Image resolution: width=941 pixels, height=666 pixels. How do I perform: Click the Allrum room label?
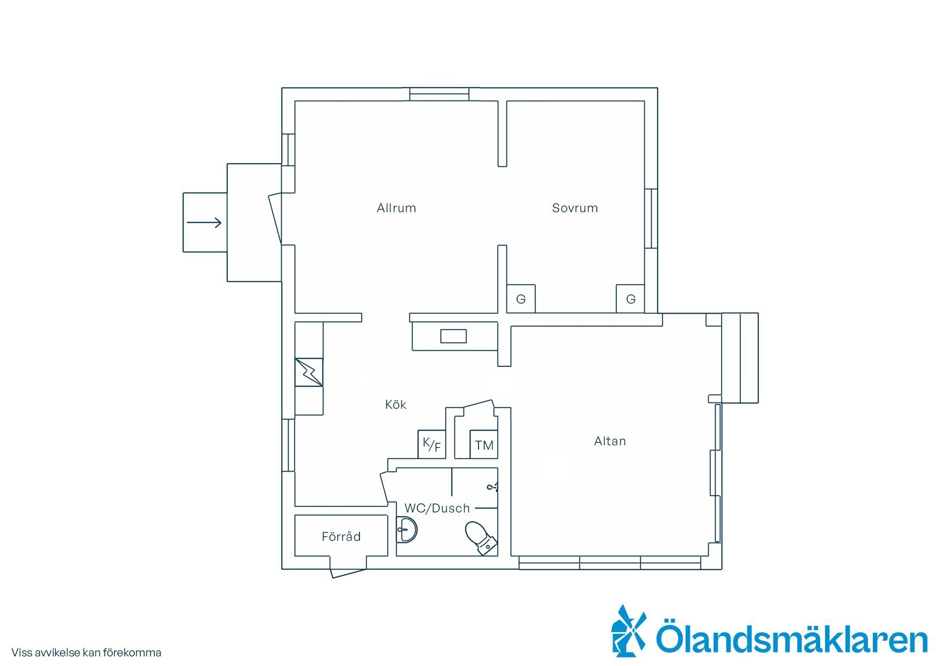tap(396, 208)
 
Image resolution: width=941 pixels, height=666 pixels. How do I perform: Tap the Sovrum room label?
tap(575, 208)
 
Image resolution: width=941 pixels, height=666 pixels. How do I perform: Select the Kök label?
tap(395, 404)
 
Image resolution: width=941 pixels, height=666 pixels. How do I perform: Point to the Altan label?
tap(610, 441)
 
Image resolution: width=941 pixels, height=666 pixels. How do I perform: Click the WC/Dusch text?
tap(437, 508)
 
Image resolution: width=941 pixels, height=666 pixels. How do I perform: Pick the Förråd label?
tap(341, 536)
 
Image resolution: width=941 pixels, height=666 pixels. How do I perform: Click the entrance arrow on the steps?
tap(204, 222)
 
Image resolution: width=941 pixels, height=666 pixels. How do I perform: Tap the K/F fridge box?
tap(432, 444)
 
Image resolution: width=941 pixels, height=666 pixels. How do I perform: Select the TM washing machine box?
tap(484, 444)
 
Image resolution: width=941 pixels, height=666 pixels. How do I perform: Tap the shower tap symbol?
tap(493, 487)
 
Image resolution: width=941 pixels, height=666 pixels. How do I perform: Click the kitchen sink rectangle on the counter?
tap(453, 337)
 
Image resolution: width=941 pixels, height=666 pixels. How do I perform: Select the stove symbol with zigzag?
tap(309, 372)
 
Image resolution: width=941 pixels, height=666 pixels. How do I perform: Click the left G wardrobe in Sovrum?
tap(521, 299)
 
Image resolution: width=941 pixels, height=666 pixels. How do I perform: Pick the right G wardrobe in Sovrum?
tap(630, 299)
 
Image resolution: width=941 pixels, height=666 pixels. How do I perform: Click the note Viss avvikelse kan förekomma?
tap(86, 653)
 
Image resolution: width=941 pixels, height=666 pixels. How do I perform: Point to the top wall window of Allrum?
tap(439, 94)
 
